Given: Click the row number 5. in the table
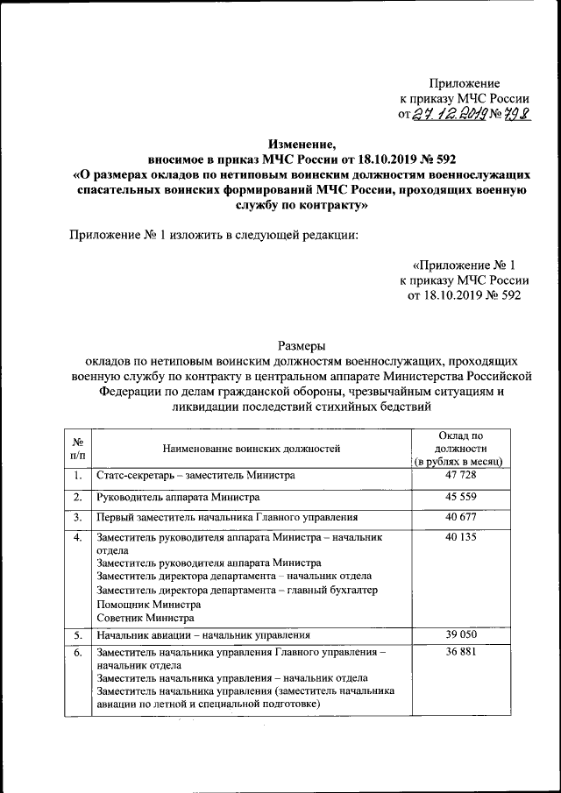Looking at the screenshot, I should pos(78,634).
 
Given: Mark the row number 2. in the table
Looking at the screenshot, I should pos(78,497).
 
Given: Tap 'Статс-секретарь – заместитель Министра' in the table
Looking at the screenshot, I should pos(195,476).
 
